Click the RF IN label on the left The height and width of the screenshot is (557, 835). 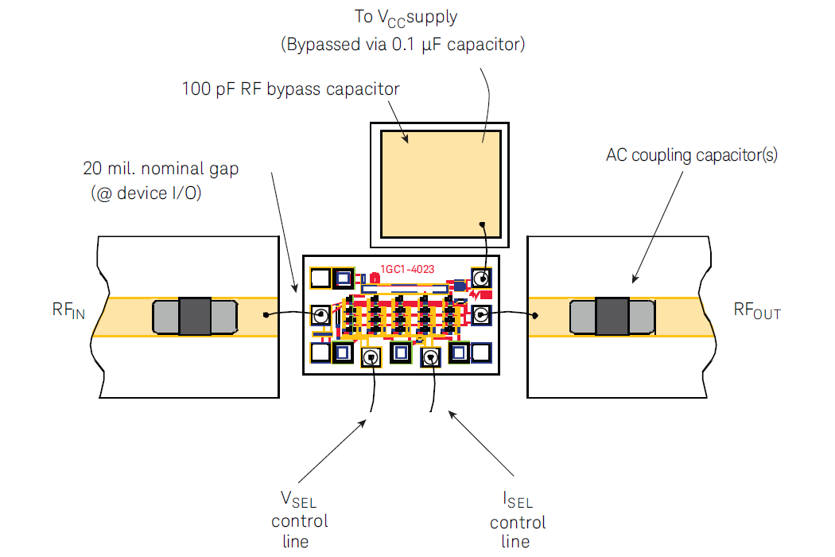pyautogui.click(x=68, y=311)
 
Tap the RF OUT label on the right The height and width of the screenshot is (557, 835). pyautogui.click(x=757, y=311)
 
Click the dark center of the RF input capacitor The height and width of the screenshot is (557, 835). pyautogui.click(x=195, y=316)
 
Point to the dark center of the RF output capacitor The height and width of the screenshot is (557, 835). pyautogui.click(x=612, y=316)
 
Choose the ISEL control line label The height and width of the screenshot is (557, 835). pyautogui.click(x=518, y=521)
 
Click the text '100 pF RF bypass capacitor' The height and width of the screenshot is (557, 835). pyautogui.click(x=290, y=88)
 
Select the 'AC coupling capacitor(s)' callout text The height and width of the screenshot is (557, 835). pyautogui.click(x=692, y=155)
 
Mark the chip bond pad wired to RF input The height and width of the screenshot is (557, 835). pyautogui.click(x=320, y=315)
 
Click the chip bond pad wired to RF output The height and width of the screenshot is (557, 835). pyautogui.click(x=481, y=314)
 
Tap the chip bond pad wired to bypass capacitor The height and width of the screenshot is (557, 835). pyautogui.click(x=481, y=278)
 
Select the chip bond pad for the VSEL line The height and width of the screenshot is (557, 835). pyautogui.click(x=371, y=358)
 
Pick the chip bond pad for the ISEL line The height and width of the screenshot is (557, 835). pyautogui.click(x=431, y=359)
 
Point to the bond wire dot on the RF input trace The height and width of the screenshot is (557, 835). pyautogui.click(x=264, y=315)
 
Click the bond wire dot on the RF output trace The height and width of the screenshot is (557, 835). pyautogui.click(x=535, y=315)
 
